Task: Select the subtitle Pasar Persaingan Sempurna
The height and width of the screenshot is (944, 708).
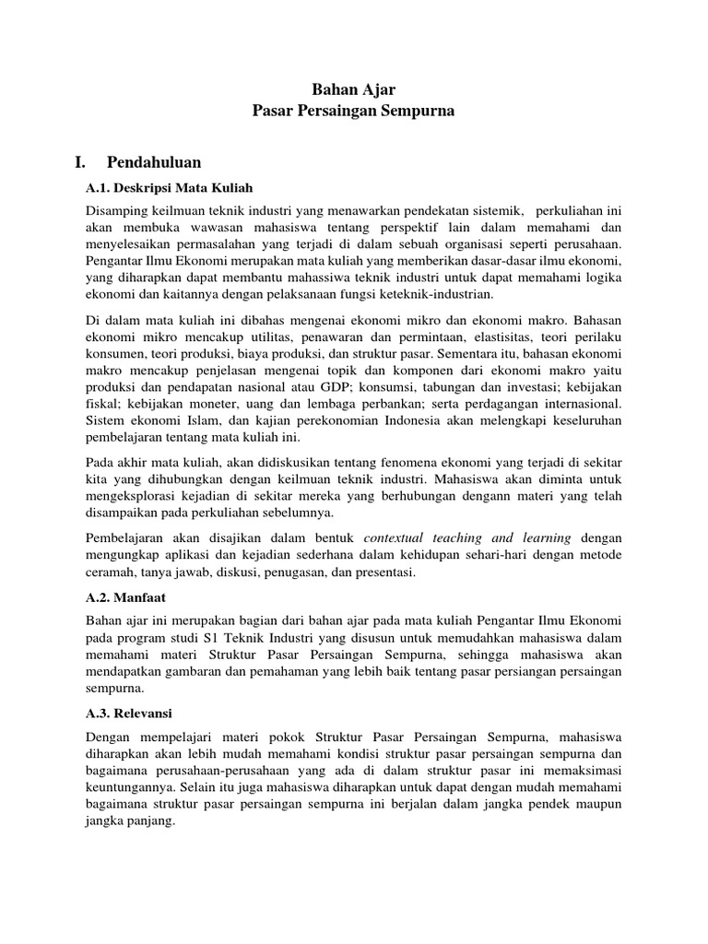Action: [354, 111]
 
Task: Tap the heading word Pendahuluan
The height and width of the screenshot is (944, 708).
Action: [154, 163]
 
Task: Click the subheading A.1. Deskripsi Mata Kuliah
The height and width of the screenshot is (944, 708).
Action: [169, 187]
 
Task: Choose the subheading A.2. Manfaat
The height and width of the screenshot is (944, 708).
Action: [125, 597]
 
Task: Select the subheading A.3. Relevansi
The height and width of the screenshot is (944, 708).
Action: [130, 713]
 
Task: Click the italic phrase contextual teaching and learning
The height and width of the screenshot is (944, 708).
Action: [468, 537]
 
